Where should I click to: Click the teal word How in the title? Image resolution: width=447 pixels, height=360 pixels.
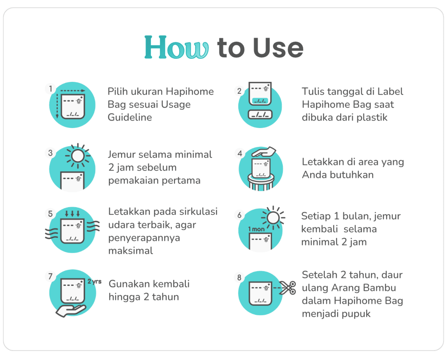176,47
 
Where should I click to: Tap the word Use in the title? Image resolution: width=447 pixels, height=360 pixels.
278,48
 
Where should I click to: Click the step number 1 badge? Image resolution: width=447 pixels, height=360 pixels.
51,89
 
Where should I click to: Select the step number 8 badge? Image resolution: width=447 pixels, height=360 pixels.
239,277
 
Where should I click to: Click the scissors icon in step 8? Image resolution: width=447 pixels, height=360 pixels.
288,288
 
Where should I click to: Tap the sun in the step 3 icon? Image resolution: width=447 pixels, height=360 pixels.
78,156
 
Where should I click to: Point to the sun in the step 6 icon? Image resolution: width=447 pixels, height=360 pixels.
273,218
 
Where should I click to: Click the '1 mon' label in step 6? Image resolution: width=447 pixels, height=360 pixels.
256,229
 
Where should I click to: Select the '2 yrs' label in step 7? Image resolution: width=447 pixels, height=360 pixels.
94,281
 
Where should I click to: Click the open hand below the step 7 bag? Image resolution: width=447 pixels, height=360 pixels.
71,310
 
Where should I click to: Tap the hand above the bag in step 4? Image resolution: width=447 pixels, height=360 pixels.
264,152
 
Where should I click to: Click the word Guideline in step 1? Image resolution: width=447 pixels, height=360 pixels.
130,118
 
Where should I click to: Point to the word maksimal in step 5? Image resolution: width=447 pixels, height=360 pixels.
131,251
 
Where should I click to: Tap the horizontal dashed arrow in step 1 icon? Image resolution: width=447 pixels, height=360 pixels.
73,91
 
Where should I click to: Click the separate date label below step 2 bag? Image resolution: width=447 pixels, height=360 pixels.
260,115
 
